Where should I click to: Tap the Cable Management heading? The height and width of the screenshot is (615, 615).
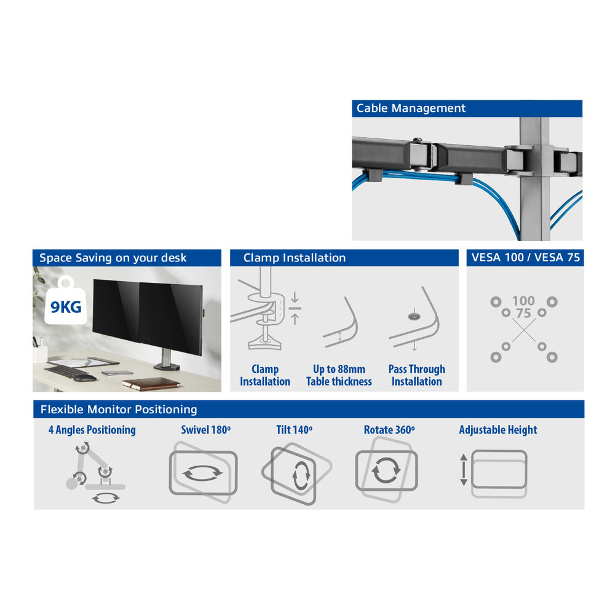(x=411, y=108)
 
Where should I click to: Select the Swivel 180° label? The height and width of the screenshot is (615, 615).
(x=205, y=430)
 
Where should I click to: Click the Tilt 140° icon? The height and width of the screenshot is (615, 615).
(x=297, y=474)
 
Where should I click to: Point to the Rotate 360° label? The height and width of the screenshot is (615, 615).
(x=389, y=430)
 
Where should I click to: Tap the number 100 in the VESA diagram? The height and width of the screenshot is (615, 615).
(x=523, y=301)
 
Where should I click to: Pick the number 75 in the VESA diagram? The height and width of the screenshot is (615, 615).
(x=523, y=313)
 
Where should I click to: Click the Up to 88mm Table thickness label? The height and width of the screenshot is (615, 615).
(x=339, y=375)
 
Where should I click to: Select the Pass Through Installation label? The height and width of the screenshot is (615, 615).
(x=416, y=375)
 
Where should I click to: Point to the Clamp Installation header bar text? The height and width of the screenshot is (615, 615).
(x=294, y=258)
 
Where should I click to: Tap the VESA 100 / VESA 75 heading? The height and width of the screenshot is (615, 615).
(x=525, y=257)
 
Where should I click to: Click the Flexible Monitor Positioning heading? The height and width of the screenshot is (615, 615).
(x=119, y=410)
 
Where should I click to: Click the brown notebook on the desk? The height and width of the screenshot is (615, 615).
(x=151, y=384)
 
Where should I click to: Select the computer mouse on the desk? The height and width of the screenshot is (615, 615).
(x=85, y=378)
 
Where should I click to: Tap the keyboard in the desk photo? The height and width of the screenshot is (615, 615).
(x=66, y=371)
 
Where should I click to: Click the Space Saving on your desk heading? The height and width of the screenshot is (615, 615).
(x=113, y=258)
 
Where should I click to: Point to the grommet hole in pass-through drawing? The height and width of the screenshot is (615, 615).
(x=413, y=315)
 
